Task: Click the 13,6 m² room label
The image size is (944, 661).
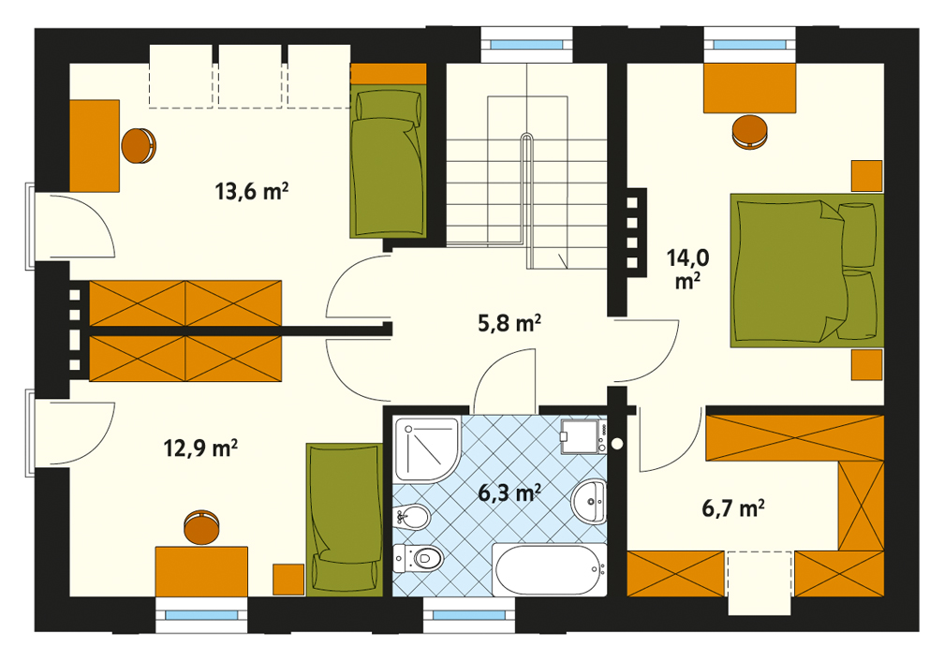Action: [252, 191]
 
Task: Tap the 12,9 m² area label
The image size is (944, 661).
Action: [200, 448]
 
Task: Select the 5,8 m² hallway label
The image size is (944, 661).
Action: [509, 323]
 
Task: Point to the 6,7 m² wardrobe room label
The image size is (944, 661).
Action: [733, 508]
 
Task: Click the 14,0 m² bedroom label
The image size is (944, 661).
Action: [687, 269]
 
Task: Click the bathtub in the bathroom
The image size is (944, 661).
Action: [550, 569]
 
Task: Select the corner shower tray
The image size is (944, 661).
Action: [427, 449]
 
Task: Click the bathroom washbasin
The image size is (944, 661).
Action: [589, 501]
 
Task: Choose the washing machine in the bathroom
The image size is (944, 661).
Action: [582, 436]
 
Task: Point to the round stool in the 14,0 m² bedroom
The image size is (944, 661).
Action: [749, 132]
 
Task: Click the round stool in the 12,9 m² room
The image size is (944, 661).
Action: [201, 527]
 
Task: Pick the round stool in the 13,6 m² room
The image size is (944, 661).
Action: [139, 146]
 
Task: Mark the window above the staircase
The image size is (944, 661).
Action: [526, 45]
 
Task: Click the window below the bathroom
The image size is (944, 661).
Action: [469, 615]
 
